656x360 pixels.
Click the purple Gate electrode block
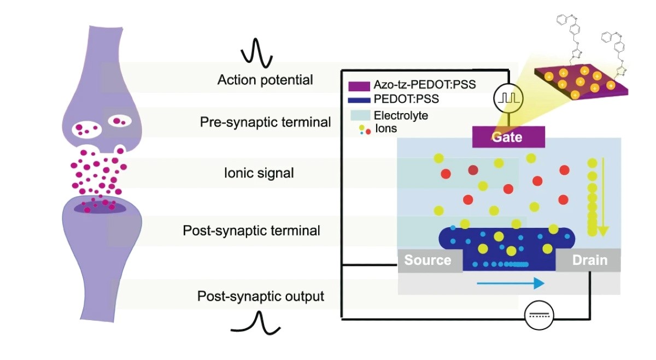pyautogui.click(x=508, y=137)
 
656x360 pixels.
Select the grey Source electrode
pyautogui.click(x=430, y=261)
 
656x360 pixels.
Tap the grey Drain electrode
pyautogui.click(x=588, y=260)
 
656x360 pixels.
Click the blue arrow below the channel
pyautogui.click(x=511, y=283)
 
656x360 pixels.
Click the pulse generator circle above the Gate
pyautogui.click(x=508, y=98)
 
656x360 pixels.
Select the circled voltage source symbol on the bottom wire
pyautogui.click(x=539, y=315)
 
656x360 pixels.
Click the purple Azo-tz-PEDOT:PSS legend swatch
pyautogui.click(x=359, y=86)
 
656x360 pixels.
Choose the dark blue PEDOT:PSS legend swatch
pyautogui.click(x=359, y=100)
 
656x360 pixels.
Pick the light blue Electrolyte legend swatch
pyautogui.click(x=360, y=115)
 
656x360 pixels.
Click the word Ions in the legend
pyautogui.click(x=386, y=128)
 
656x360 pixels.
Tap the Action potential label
pyautogui.click(x=265, y=80)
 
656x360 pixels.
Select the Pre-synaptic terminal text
pyautogui.click(x=265, y=122)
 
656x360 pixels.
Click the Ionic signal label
pyautogui.click(x=259, y=173)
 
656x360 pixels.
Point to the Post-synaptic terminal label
pyautogui.click(x=251, y=231)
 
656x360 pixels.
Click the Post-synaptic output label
pyautogui.click(x=261, y=296)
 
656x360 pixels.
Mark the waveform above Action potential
pyautogui.click(x=257, y=53)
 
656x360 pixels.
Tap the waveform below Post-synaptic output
pyautogui.click(x=256, y=323)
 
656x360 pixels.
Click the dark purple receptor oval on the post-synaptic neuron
pyautogui.click(x=100, y=208)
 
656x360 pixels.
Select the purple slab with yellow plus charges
pyautogui.click(x=581, y=81)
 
